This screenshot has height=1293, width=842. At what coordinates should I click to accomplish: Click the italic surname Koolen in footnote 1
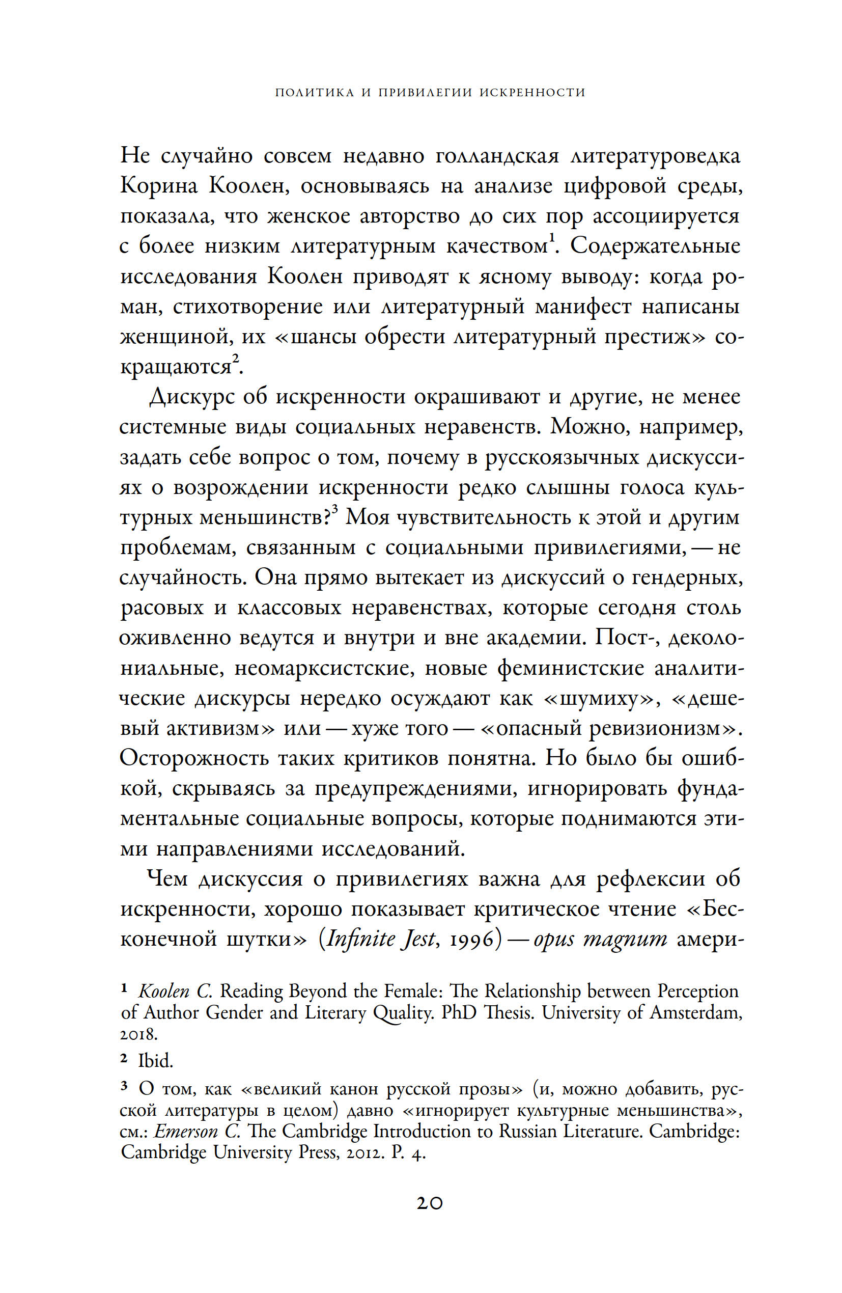tap(164, 992)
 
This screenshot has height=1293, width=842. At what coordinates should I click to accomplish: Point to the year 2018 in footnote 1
tap(138, 1034)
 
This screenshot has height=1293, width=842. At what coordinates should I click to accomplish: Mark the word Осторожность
tap(194, 758)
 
